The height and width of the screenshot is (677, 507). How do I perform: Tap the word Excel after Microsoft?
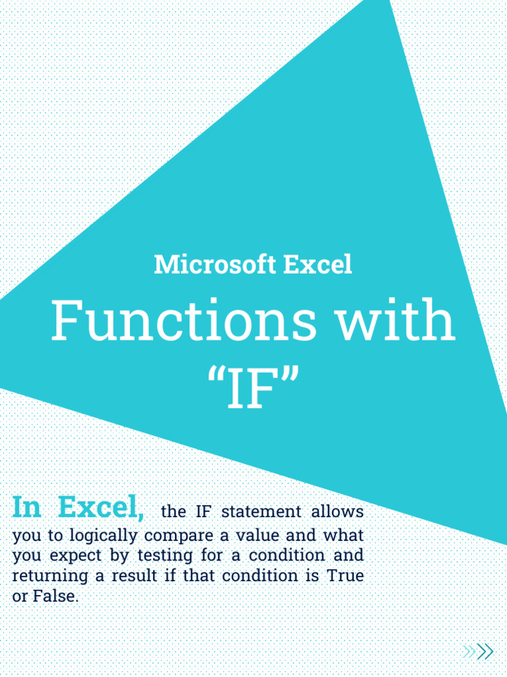[318, 265]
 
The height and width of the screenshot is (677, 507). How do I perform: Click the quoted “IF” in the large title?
[253, 390]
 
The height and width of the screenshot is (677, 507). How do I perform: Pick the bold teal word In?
[27, 508]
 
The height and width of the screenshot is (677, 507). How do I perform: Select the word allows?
[337, 512]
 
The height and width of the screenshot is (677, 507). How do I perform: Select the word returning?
[50, 576]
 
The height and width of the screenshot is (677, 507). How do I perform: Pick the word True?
[345, 575]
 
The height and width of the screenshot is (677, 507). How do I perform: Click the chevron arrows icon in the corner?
[479, 652]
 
